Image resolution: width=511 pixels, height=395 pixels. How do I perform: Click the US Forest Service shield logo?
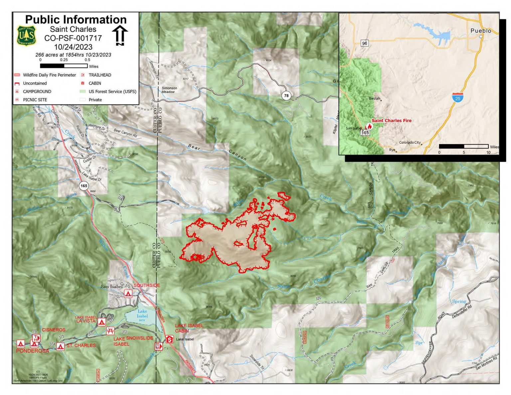coord(26,36)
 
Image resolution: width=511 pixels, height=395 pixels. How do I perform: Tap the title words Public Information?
coord(76,19)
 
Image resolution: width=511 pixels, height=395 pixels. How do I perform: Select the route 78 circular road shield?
coord(286,96)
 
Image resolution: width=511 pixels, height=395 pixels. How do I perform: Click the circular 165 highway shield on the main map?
coord(84,186)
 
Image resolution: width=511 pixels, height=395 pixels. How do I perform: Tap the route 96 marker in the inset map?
coord(365,43)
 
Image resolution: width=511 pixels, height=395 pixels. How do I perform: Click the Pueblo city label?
coord(481,31)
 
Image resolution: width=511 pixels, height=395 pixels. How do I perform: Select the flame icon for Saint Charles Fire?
coord(369,126)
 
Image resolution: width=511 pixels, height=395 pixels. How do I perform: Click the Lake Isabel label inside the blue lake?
coord(142,313)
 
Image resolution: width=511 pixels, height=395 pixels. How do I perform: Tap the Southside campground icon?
coord(128,294)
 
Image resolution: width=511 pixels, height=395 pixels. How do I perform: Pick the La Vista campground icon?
coord(102,322)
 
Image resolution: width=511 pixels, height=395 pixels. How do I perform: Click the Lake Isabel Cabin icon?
coord(170,339)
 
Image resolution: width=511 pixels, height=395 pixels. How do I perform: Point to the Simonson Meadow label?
coord(169,90)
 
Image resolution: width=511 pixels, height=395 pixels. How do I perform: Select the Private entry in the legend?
coord(95,100)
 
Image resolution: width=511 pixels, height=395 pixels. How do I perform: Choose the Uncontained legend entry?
coord(35,83)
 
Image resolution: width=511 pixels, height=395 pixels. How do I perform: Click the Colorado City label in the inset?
coord(410,142)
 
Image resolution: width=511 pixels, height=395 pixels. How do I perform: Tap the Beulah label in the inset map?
coord(374,99)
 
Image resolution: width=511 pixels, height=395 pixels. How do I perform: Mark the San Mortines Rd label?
coord(486,363)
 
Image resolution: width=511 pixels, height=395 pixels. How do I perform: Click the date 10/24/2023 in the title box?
coord(73,47)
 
